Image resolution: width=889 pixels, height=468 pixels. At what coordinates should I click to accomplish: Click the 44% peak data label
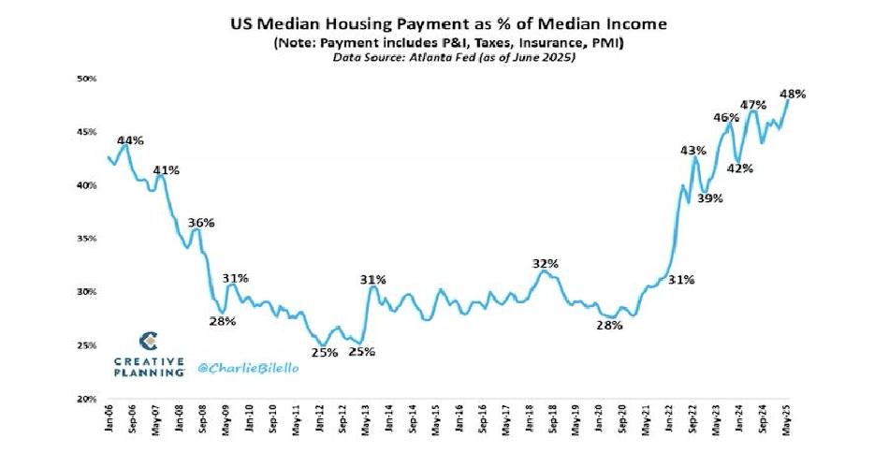(131, 140)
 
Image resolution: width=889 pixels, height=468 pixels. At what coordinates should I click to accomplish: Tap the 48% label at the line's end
(794, 94)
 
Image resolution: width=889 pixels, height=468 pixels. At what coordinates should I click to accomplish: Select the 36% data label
(201, 223)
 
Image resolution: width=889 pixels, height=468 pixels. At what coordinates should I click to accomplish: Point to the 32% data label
(546, 264)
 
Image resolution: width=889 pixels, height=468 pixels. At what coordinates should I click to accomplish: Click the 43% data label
(693, 151)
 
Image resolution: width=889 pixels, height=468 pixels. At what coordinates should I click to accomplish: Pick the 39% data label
(710, 198)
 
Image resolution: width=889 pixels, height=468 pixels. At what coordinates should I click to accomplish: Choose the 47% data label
(753, 105)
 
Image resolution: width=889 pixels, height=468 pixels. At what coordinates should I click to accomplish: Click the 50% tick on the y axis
(86, 79)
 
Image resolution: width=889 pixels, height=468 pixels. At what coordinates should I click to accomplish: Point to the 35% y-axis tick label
(86, 239)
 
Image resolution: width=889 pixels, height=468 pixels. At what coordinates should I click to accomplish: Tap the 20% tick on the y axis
(86, 399)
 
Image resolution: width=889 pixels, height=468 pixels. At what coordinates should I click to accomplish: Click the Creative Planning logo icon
(148, 340)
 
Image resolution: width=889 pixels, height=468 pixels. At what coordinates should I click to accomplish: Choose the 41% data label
(167, 170)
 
